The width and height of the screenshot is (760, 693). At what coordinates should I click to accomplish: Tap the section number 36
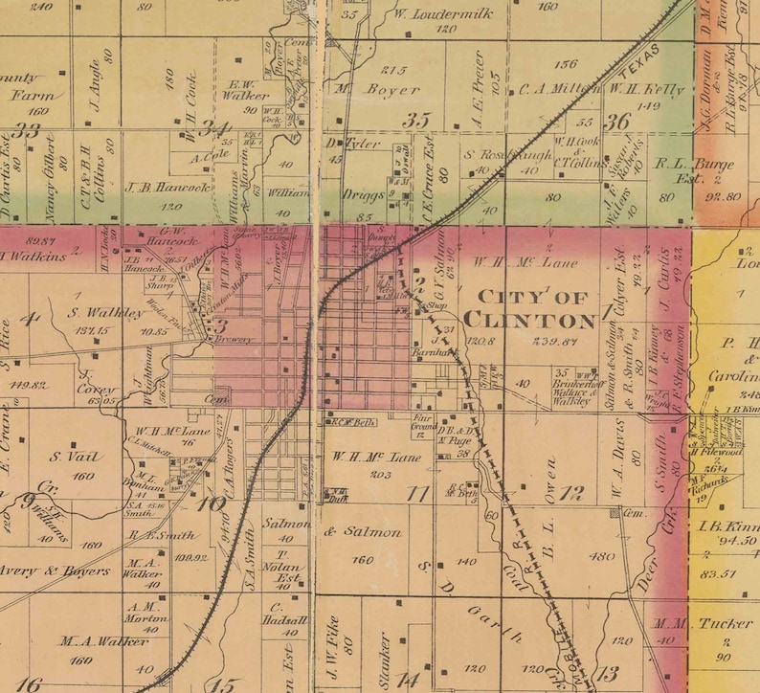pyautogui.click(x=618, y=121)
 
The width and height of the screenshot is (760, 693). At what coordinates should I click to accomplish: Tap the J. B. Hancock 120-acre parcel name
pyautogui.click(x=167, y=188)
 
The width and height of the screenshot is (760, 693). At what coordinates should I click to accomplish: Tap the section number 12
pyautogui.click(x=571, y=494)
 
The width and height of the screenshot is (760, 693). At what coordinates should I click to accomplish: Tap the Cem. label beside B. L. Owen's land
pyautogui.click(x=632, y=513)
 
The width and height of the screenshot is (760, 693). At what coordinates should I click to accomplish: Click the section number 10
pyautogui.click(x=212, y=501)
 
